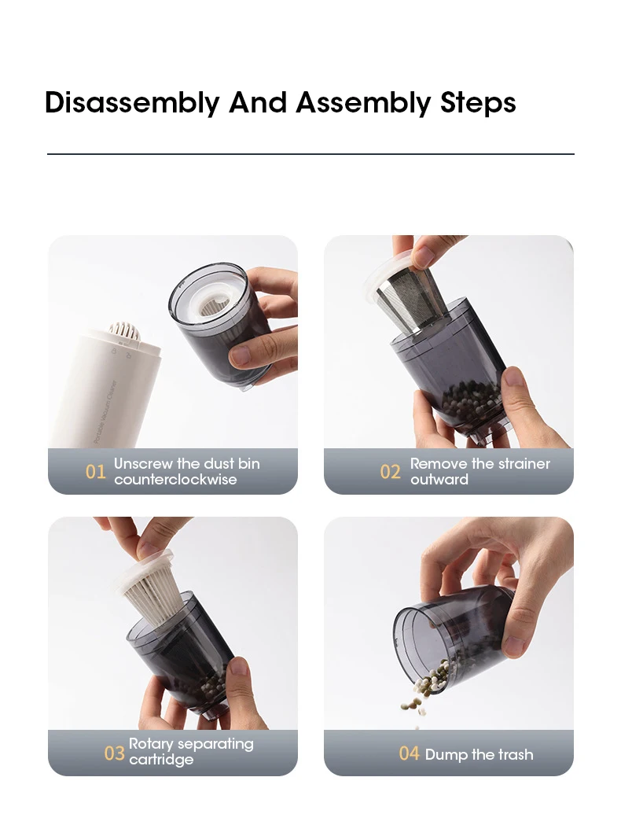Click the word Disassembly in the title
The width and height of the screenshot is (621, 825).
pyautogui.click(x=131, y=103)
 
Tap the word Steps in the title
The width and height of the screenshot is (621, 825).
pyautogui.click(x=478, y=103)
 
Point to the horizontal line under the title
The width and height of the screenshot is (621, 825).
pyautogui.click(x=310, y=154)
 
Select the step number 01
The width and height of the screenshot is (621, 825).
pyautogui.click(x=96, y=472)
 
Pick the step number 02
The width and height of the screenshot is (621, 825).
pyautogui.click(x=390, y=472)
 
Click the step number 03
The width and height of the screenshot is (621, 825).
pyautogui.click(x=114, y=753)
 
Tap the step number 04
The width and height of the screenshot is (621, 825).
pyautogui.click(x=409, y=753)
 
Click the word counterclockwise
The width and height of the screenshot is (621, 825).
pyautogui.click(x=175, y=479)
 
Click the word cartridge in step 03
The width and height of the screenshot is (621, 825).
pyautogui.click(x=161, y=760)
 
